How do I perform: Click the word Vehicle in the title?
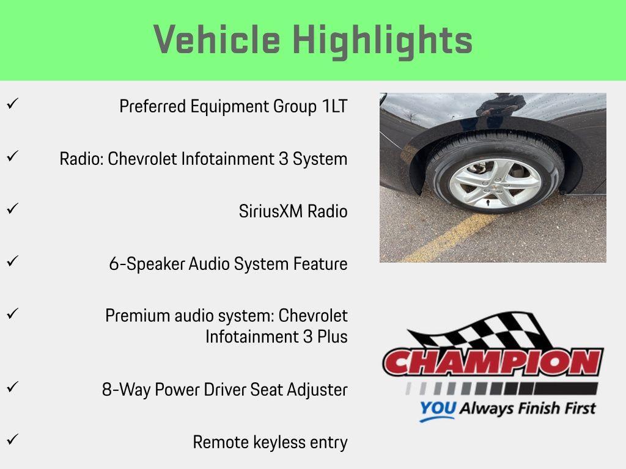coord(217,40)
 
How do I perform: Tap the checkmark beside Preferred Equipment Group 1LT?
coord(11,104)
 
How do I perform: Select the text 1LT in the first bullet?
coord(334,106)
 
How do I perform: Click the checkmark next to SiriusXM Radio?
coord(11,209)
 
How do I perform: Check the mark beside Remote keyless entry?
coord(11,439)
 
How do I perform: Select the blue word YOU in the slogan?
coord(437,409)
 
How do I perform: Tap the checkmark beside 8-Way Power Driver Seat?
coord(11,387)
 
